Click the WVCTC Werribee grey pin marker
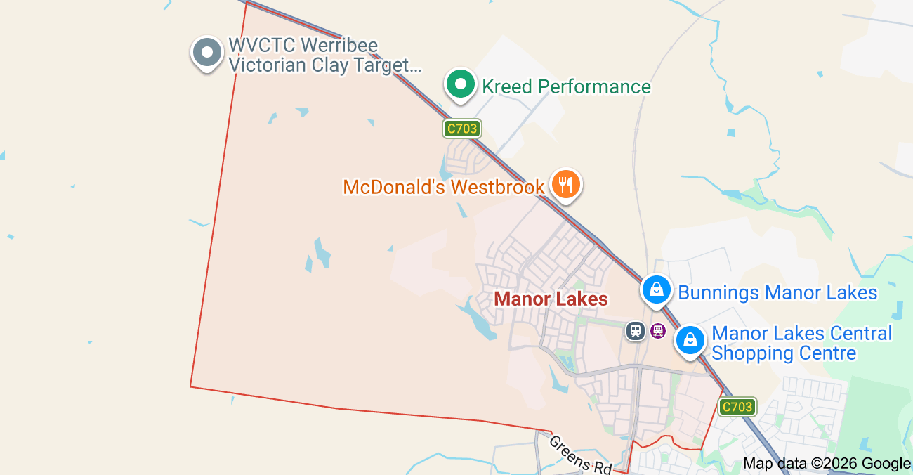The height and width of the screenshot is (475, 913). [x=206, y=53]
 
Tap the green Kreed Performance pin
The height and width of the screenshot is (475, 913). [x=461, y=84]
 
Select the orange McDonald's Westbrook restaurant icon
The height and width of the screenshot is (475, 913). [x=565, y=185]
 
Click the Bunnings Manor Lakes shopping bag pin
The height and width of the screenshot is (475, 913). [x=656, y=289]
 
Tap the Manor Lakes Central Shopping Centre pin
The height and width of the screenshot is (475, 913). [x=690, y=341]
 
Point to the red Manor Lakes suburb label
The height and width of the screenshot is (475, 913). [x=551, y=299]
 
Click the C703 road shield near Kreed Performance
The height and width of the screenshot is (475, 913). [x=461, y=129]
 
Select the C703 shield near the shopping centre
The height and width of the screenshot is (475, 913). [x=737, y=406]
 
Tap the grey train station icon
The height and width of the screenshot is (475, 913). [x=636, y=330]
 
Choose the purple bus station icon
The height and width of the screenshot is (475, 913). [x=658, y=330]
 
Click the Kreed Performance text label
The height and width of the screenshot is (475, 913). [x=566, y=86]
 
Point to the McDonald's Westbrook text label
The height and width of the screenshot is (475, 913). [x=444, y=187]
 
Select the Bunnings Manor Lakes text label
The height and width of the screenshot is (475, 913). [x=777, y=292]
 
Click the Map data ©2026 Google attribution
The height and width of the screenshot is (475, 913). [x=827, y=463]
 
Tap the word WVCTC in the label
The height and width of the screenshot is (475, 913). [x=261, y=46]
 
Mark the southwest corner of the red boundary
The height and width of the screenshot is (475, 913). [x=190, y=386]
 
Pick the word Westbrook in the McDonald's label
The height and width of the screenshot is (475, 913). [x=497, y=187]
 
